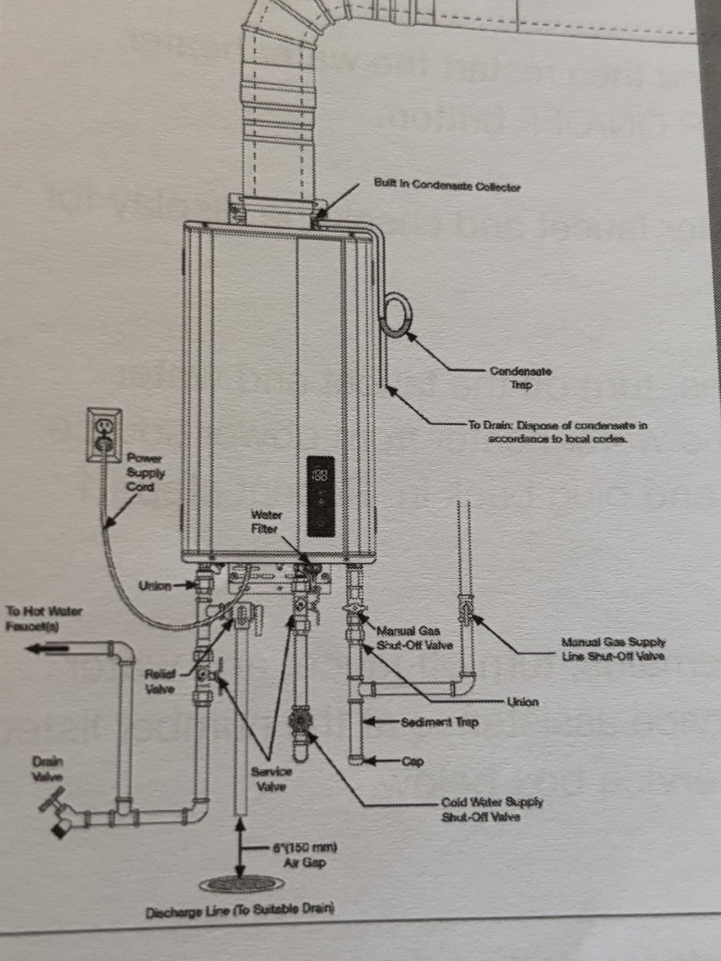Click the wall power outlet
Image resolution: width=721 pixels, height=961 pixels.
(x=105, y=435)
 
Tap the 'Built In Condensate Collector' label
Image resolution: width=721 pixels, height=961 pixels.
(x=447, y=185)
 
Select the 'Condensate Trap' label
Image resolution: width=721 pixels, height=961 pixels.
(x=521, y=378)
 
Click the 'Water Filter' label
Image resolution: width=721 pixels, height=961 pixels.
(x=266, y=522)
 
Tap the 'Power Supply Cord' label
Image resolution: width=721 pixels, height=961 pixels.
(x=145, y=472)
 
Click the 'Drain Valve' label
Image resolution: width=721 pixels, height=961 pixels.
(x=47, y=768)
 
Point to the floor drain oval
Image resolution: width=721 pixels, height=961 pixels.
(x=242, y=883)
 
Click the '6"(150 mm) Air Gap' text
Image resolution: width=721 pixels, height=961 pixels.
(x=305, y=855)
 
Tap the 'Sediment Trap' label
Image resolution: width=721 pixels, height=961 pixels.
(x=439, y=722)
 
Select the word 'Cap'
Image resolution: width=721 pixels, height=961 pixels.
(x=413, y=761)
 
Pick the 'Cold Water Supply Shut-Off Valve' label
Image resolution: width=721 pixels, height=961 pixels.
(x=492, y=809)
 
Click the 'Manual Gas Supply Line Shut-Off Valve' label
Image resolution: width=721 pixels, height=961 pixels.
(x=613, y=649)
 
